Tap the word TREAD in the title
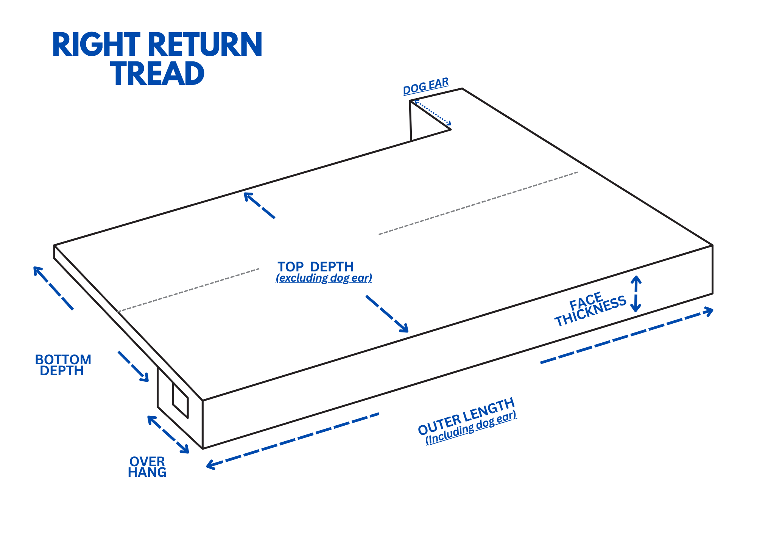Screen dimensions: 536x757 pos(157,74)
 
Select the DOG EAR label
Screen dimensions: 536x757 pos(426,86)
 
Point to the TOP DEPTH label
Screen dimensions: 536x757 pos(315,267)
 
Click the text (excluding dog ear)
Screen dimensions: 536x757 pos(324,278)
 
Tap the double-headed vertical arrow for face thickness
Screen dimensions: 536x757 pos(636,294)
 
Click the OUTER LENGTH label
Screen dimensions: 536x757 pos(466,417)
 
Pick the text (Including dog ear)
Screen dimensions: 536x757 pos(471,428)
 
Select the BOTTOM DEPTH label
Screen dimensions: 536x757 pos(63,365)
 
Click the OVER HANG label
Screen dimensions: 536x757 pos(147,467)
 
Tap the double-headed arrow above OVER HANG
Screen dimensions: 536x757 pos(168,434)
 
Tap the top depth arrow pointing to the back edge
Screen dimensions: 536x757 pos(259,205)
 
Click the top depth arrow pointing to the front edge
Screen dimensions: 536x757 pos(387,314)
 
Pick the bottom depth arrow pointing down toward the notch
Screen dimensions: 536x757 pos(133,366)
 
